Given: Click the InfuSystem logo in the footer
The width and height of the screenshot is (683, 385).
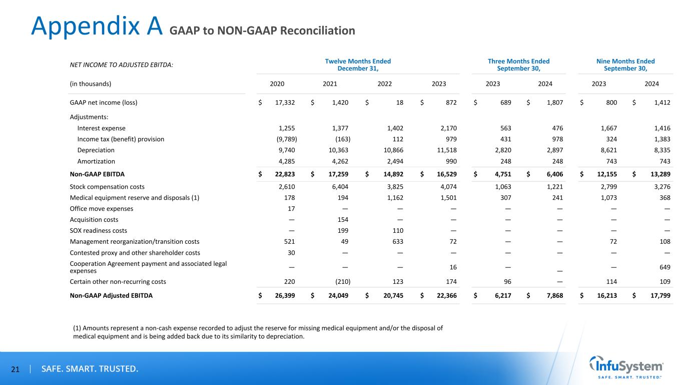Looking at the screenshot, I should coord(626,367).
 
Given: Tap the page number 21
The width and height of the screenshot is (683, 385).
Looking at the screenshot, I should coord(15,369).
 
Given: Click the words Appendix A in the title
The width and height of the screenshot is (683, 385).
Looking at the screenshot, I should coord(97,27).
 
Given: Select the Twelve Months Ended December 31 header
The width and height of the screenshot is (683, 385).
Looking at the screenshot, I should coord(358,65).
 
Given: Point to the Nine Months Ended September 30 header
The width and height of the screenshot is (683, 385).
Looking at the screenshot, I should coord(625,65).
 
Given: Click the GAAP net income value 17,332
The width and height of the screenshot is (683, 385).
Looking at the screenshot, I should coord(285,103).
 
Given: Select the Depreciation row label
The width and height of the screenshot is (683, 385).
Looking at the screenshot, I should coord(96,150).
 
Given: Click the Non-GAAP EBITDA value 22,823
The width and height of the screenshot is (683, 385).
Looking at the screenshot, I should coord(284,174).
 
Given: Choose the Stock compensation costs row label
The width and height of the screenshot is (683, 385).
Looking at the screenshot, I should coord(107,187).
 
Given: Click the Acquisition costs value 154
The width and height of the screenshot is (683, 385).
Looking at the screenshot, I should coord(343,220).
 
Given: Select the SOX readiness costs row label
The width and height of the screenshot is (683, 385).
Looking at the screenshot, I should coord(98,231).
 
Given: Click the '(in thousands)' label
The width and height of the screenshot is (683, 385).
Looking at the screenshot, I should coord(91,84).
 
